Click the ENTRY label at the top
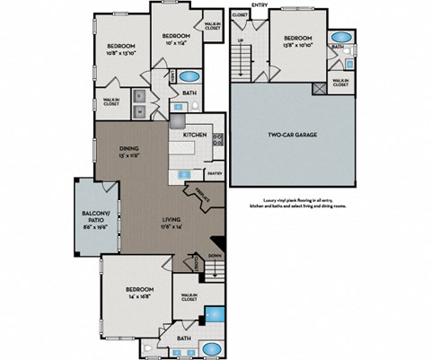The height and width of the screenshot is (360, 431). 259,4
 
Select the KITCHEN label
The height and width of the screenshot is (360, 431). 196,135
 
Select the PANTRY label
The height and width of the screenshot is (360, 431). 214,172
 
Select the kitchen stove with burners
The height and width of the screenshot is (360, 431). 216,138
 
